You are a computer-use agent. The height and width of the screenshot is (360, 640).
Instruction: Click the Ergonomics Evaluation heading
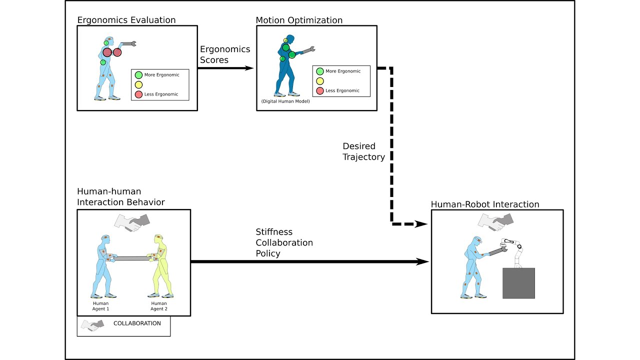(x=126, y=20)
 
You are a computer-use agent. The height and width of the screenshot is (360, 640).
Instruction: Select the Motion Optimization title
(x=299, y=20)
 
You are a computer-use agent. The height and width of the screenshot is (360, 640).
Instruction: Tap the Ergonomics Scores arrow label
(x=225, y=54)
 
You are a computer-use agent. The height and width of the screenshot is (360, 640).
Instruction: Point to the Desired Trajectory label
(x=363, y=151)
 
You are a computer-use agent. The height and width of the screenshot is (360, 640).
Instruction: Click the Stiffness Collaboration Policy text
(x=284, y=242)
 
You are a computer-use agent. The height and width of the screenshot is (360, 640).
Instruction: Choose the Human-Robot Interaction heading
(x=485, y=204)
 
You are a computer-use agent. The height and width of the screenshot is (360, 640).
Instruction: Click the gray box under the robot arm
(x=518, y=283)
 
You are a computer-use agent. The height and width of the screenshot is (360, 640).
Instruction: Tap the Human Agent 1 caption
(x=100, y=306)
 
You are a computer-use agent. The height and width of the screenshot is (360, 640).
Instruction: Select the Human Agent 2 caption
(x=159, y=306)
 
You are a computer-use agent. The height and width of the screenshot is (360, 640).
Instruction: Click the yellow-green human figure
(x=158, y=265)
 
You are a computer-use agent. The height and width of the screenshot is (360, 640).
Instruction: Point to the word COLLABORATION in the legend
(x=137, y=323)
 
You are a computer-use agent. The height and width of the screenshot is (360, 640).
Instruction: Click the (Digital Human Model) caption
(x=285, y=101)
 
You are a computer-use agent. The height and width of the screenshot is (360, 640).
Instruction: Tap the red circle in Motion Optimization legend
(x=320, y=90)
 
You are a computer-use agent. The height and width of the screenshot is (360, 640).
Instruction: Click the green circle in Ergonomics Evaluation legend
(x=138, y=75)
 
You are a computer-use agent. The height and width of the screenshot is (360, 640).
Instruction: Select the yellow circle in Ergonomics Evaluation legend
(x=138, y=84)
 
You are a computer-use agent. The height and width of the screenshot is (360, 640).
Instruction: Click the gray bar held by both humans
(x=131, y=258)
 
